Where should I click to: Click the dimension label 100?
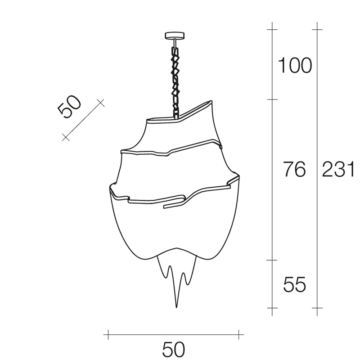click(x=295, y=65)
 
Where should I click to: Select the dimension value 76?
click(x=295, y=169)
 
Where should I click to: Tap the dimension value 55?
click(x=295, y=284)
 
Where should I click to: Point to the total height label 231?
click(x=338, y=169)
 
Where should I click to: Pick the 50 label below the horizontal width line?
click(x=174, y=350)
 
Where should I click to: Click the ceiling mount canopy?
click(x=175, y=36)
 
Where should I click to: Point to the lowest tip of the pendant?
click(x=176, y=307)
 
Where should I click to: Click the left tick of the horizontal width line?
click(x=108, y=334)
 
